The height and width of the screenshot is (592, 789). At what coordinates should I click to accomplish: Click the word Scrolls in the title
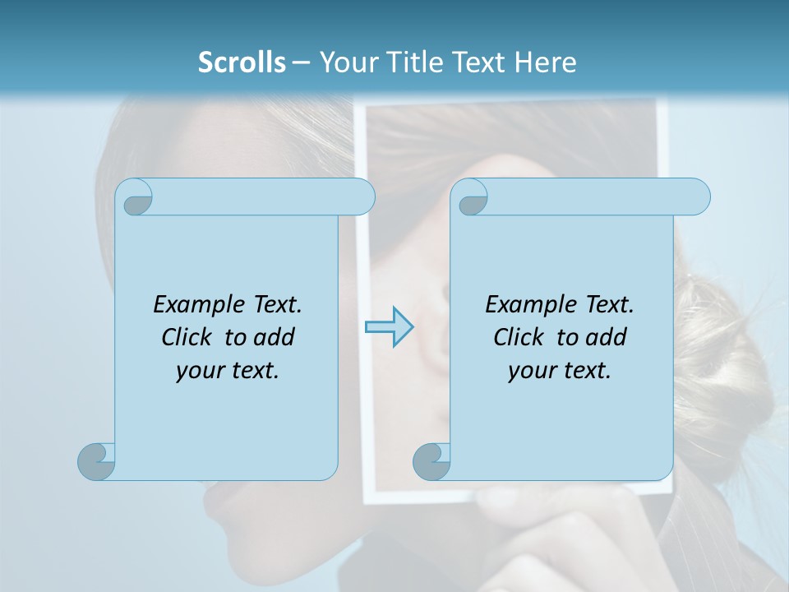(242, 62)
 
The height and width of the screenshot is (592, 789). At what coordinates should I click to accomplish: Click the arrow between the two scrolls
(389, 327)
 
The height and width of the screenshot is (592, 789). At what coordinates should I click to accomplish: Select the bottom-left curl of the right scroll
(430, 460)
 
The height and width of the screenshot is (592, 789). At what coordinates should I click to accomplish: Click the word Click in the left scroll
(188, 337)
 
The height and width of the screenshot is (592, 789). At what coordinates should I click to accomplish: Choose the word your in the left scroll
(201, 371)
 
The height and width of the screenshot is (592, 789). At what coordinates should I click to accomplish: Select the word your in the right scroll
(533, 371)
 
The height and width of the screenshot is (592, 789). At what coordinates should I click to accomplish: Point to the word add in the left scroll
(273, 337)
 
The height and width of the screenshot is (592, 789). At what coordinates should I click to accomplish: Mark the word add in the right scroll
(605, 337)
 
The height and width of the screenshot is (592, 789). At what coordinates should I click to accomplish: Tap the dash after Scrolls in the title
(301, 62)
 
